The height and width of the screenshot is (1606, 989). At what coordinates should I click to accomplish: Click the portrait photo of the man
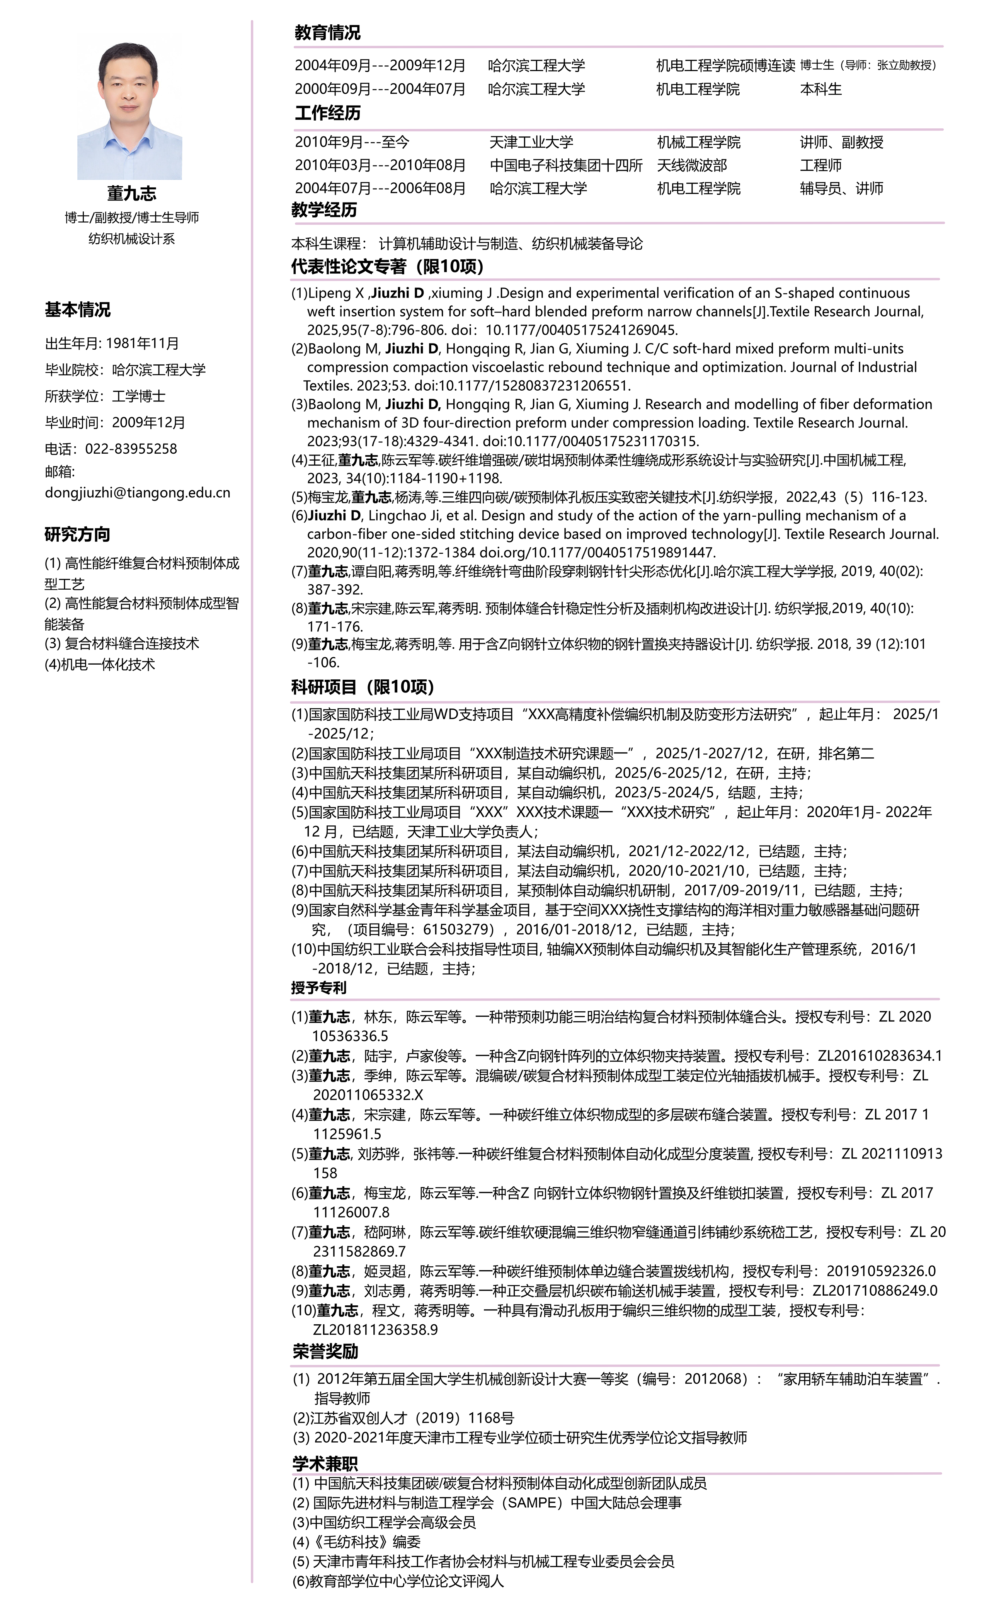[129, 111]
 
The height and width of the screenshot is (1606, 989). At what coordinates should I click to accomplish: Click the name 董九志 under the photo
[131, 194]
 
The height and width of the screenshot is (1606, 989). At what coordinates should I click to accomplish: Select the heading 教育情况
[327, 33]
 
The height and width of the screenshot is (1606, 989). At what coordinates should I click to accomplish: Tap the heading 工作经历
[328, 113]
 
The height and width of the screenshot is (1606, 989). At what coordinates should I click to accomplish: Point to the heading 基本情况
[77, 309]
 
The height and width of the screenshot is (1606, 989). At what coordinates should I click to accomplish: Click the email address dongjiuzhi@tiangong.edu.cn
[137, 492]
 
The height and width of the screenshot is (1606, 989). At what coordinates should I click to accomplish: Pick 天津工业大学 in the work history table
[531, 142]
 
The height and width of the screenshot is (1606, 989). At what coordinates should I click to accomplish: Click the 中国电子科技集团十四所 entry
[566, 165]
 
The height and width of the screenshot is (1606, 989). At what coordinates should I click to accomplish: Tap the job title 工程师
[820, 165]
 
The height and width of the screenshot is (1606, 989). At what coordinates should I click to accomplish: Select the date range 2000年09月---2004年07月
[380, 89]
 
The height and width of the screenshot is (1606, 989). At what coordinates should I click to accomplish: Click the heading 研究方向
[77, 534]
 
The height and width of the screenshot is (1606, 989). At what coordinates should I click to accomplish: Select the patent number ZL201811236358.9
[375, 1329]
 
